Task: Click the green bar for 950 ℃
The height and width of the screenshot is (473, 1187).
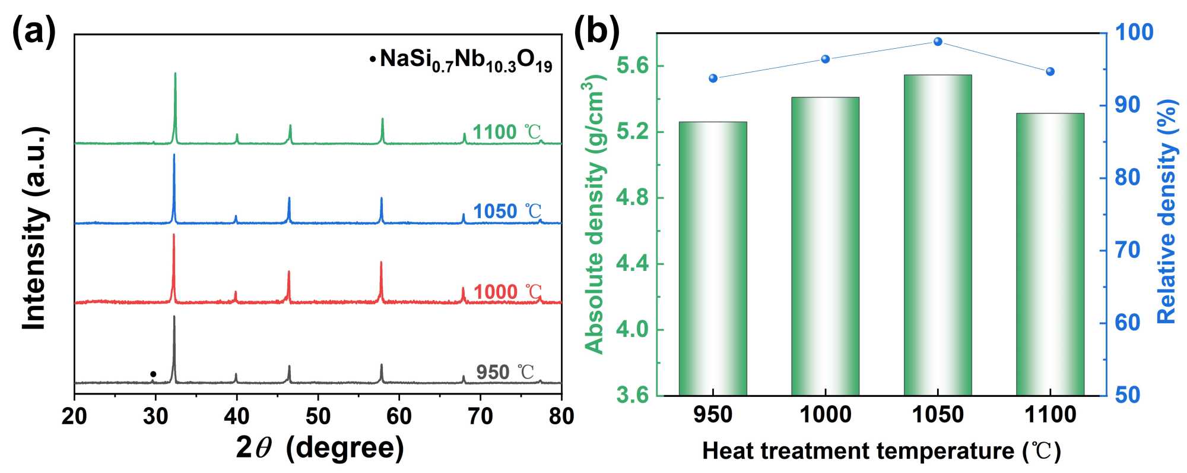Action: coord(713,258)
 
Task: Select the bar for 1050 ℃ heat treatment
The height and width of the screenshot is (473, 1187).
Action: coord(938,235)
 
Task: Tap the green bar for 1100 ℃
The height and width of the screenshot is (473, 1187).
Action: coord(1050,254)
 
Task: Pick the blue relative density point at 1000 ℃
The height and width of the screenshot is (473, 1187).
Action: coord(826,59)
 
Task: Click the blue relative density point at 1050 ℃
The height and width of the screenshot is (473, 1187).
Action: coord(938,42)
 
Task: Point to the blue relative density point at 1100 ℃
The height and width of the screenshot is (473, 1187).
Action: coord(1050,72)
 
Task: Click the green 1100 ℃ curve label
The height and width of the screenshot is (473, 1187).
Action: coord(507,132)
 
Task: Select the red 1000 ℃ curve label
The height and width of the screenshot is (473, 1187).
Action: coord(507,292)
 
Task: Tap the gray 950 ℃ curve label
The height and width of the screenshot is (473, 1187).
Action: coord(505,372)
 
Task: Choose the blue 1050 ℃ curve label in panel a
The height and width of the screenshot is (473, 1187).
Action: coord(507,211)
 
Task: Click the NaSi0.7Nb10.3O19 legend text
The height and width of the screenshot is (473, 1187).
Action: coord(466,60)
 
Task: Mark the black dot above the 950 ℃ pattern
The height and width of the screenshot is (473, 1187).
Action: coord(153,374)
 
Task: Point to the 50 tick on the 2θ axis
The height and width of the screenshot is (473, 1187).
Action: coord(318,417)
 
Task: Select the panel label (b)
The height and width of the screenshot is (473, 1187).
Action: coord(596,31)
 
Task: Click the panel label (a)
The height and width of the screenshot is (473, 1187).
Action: coord(34,31)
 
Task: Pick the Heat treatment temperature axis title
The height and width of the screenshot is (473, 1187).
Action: coord(881,451)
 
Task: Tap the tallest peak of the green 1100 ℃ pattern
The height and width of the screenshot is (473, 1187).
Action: coord(175,74)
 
